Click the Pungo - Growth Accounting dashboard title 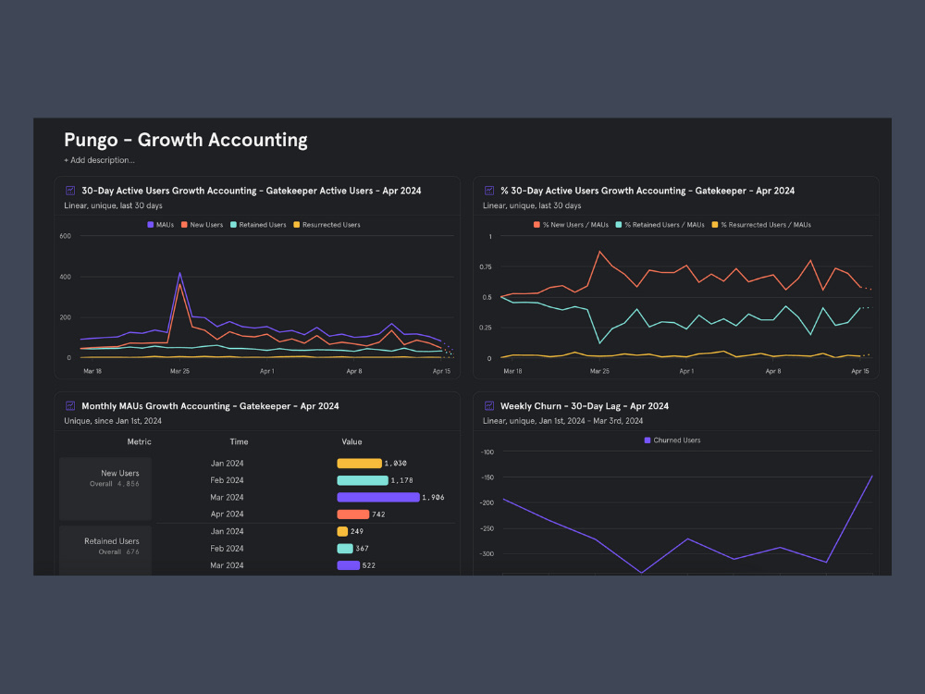pyautogui.click(x=185, y=140)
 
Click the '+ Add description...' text pyautogui.click(x=99, y=160)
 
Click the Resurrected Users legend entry pyautogui.click(x=327, y=225)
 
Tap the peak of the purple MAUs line pyautogui.click(x=179, y=273)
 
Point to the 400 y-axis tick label pyautogui.click(x=65, y=277)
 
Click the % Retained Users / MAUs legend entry pyautogui.click(x=662, y=225)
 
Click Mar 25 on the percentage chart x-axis pyautogui.click(x=599, y=370)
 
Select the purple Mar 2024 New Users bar pyautogui.click(x=377, y=497)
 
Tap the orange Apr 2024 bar pyautogui.click(x=353, y=514)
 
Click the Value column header pyautogui.click(x=351, y=441)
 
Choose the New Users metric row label pyautogui.click(x=119, y=473)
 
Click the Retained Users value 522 pyautogui.click(x=369, y=565)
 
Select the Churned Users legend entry pyautogui.click(x=672, y=440)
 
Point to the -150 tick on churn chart pyautogui.click(x=487, y=477)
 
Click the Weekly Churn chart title pyautogui.click(x=584, y=406)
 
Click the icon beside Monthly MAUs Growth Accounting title pyautogui.click(x=70, y=405)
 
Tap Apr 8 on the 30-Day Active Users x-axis pyautogui.click(x=354, y=370)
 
